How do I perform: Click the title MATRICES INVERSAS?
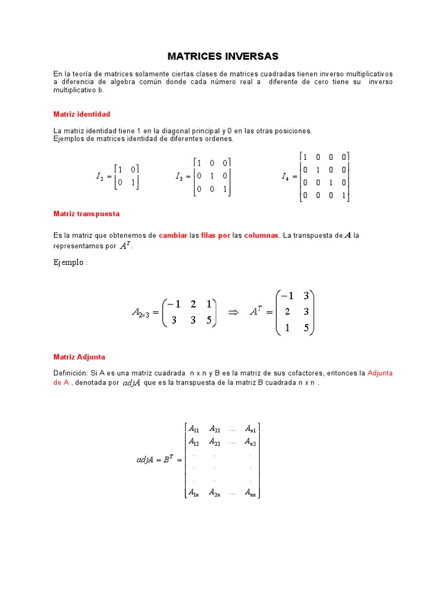pos(223,56)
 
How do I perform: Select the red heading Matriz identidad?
pos(82,114)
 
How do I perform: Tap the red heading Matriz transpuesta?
pos(87,214)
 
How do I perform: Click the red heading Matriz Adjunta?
pos(79,357)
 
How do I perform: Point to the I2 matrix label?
pos(99,177)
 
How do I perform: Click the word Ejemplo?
pos(69,262)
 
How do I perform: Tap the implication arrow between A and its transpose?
pos(233,312)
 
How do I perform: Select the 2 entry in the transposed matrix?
pos(287,312)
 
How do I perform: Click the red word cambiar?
pos(173,236)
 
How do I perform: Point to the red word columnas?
pos(261,236)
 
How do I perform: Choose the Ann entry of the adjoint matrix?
pos(251,493)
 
